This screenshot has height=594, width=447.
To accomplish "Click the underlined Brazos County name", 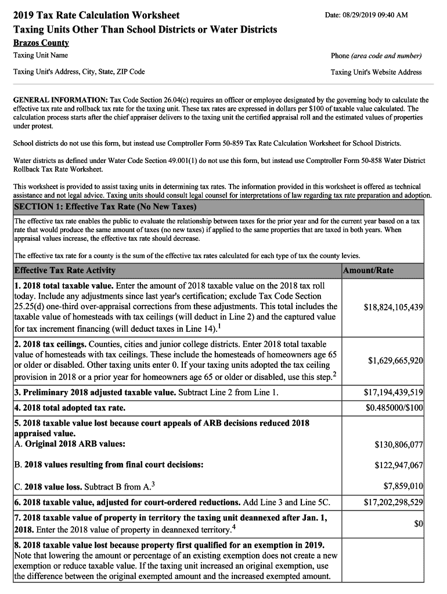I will (x=41, y=43).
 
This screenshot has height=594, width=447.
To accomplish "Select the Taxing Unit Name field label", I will (x=41, y=56).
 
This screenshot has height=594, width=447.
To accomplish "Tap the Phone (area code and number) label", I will (x=376, y=56).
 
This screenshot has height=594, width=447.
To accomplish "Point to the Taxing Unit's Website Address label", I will (x=376, y=73).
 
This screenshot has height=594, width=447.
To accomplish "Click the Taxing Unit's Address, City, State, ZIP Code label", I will (x=79, y=73).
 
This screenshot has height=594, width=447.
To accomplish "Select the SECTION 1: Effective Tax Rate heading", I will (x=105, y=207).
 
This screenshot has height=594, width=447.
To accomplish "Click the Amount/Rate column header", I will (x=368, y=270).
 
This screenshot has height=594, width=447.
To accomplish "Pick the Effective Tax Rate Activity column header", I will (x=65, y=270).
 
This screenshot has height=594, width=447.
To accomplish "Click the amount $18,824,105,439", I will (x=393, y=307).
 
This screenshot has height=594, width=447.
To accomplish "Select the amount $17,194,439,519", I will (x=393, y=393).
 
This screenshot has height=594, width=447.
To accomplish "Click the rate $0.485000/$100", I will (x=394, y=408).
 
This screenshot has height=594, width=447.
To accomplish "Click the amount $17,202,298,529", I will (x=393, y=501).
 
